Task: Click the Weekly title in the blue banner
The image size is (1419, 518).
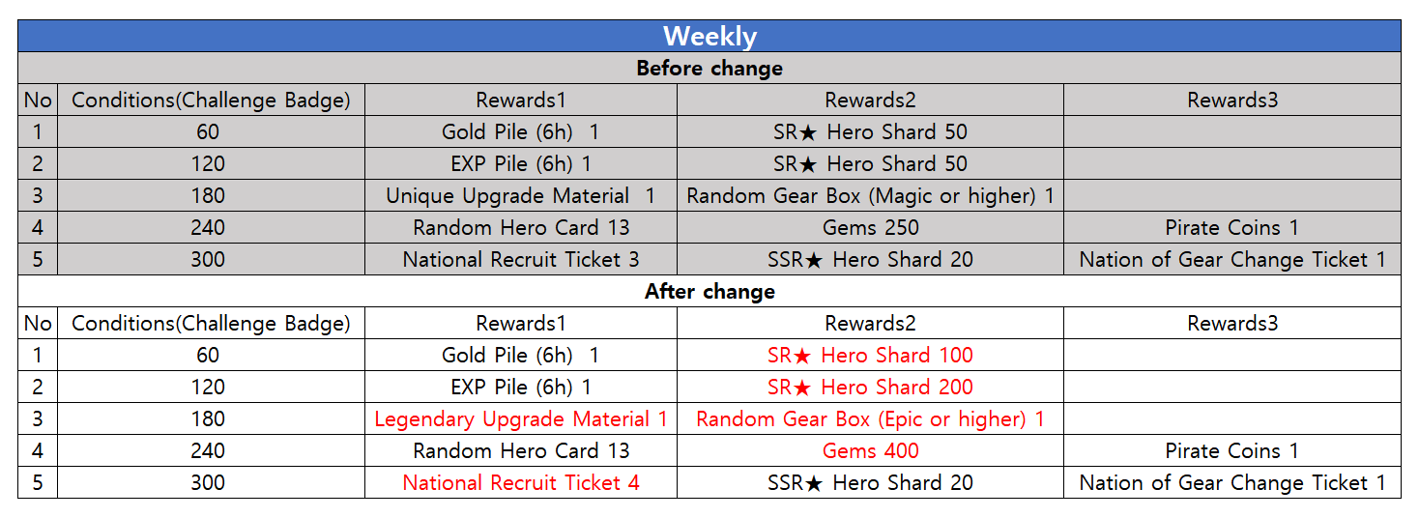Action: [x=709, y=36]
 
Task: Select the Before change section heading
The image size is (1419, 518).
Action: [x=709, y=68]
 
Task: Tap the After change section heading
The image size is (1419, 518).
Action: [x=709, y=291]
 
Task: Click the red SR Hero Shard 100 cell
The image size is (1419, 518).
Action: [x=870, y=356]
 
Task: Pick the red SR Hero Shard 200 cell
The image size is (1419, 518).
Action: [x=870, y=387]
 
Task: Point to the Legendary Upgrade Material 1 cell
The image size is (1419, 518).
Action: [x=521, y=419]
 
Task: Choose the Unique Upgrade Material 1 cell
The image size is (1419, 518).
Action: [x=521, y=195]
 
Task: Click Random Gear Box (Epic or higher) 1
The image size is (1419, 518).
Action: [x=870, y=419]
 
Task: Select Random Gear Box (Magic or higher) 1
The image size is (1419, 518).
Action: [x=870, y=195]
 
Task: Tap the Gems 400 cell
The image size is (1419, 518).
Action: [x=870, y=451]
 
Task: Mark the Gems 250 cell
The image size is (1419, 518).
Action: [x=870, y=227]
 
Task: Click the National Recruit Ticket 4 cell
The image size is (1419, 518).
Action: [x=521, y=482]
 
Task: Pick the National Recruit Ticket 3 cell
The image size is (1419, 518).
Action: [x=521, y=260]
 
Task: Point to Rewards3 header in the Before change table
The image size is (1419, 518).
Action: [x=1232, y=101]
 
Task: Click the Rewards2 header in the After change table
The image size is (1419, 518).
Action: [x=870, y=323]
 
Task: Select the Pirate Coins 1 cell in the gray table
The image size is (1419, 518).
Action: [x=1232, y=227]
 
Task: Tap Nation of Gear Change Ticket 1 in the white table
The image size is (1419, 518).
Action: [x=1232, y=482]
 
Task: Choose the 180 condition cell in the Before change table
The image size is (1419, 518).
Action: [x=208, y=195]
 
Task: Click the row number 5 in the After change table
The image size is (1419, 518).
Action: [x=38, y=482]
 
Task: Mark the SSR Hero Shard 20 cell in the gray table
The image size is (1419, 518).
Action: [x=870, y=260]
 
